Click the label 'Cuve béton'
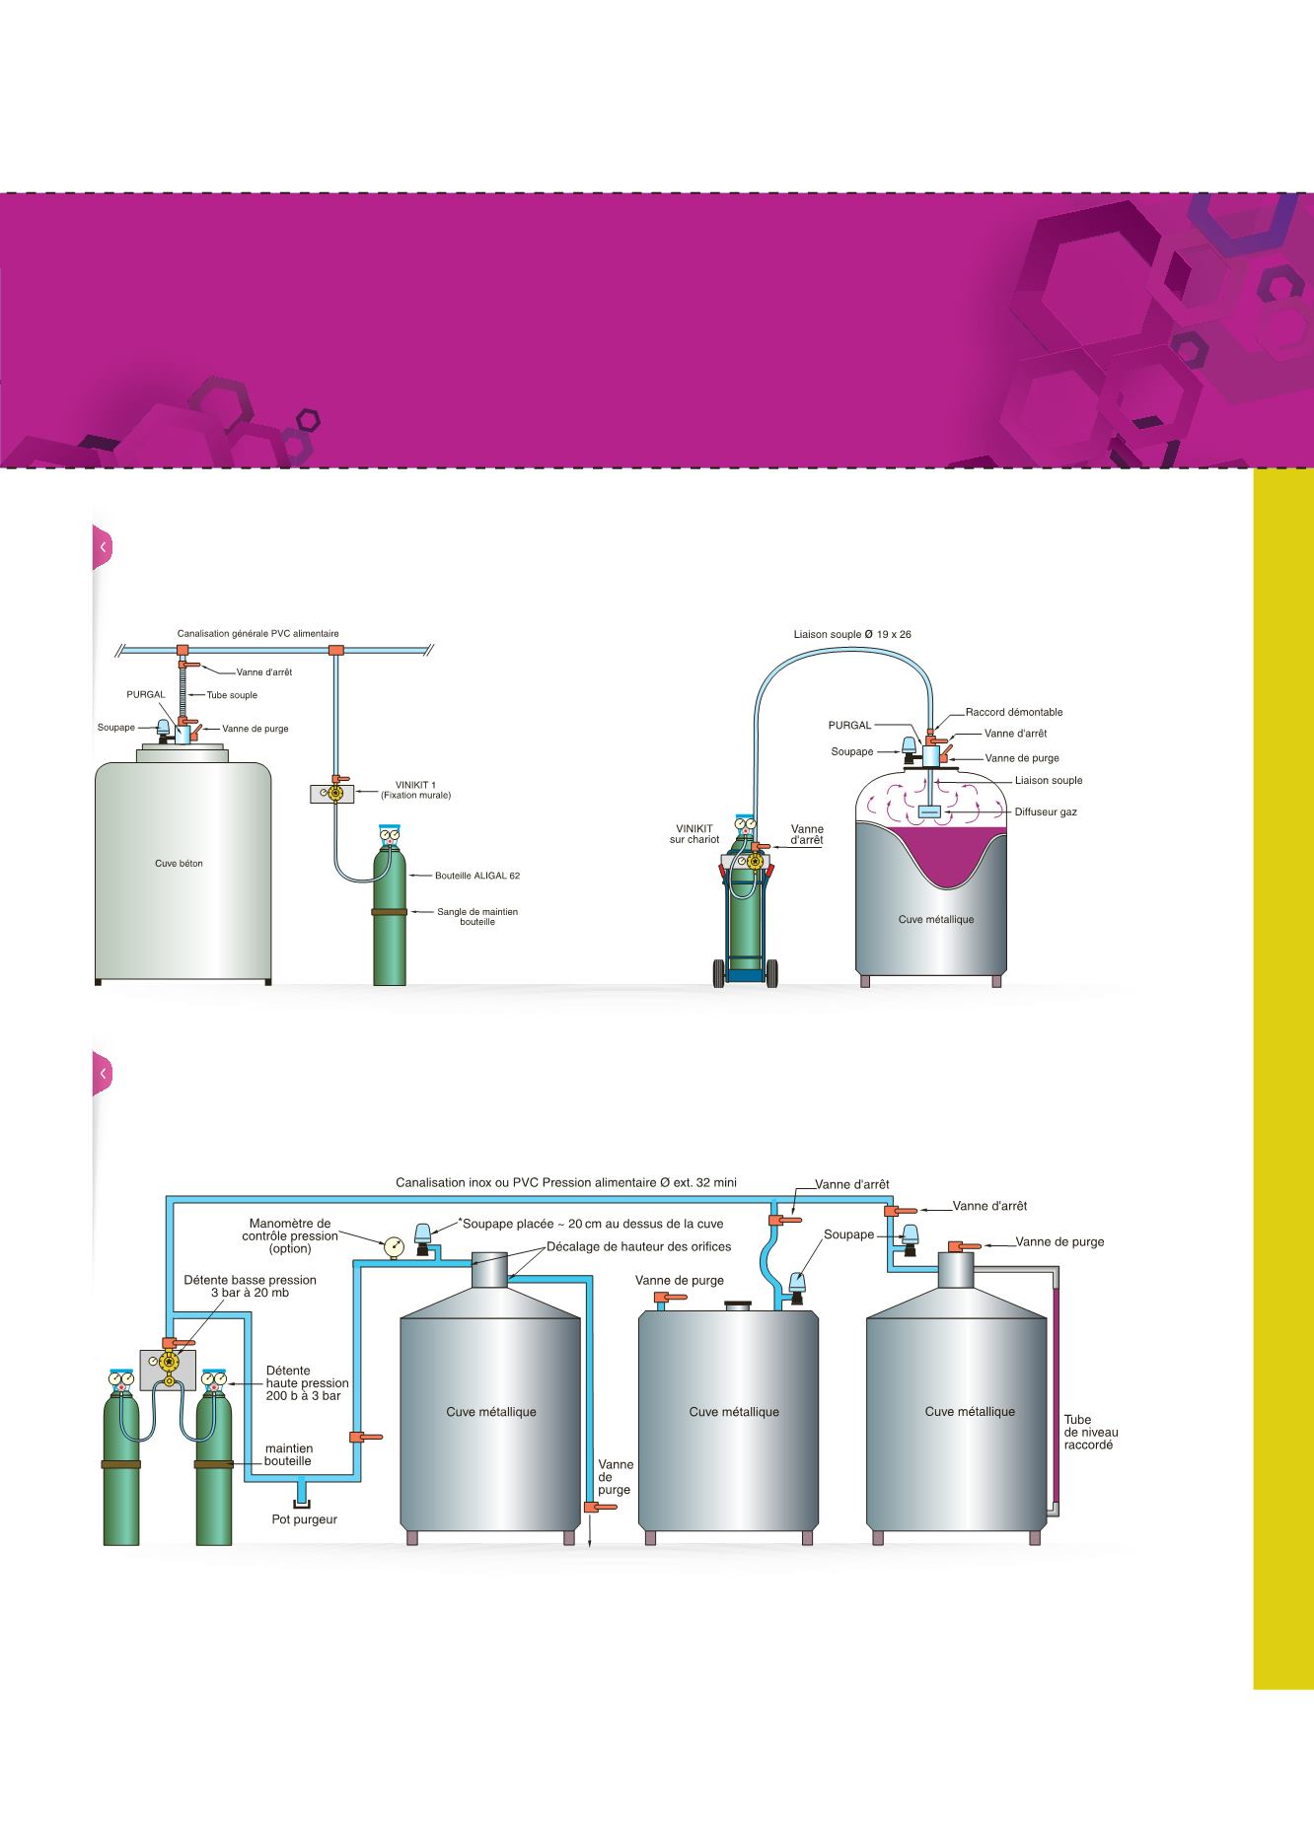click(179, 863)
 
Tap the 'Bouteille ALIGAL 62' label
click(477, 875)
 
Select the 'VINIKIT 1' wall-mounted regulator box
click(331, 792)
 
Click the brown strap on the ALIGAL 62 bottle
click(390, 912)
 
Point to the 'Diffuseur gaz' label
click(1046, 811)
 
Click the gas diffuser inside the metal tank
click(929, 811)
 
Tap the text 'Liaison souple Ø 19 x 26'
click(852, 634)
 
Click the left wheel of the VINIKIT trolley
click(717, 973)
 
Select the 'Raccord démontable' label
click(1014, 711)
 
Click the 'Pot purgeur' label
click(305, 1519)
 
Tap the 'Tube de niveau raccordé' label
click(1091, 1433)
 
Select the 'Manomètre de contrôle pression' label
click(290, 1235)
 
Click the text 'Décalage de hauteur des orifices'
click(639, 1246)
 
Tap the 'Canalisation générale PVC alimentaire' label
click(258, 633)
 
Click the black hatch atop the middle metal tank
click(739, 1305)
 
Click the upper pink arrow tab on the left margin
click(103, 547)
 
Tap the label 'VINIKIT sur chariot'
click(694, 834)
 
